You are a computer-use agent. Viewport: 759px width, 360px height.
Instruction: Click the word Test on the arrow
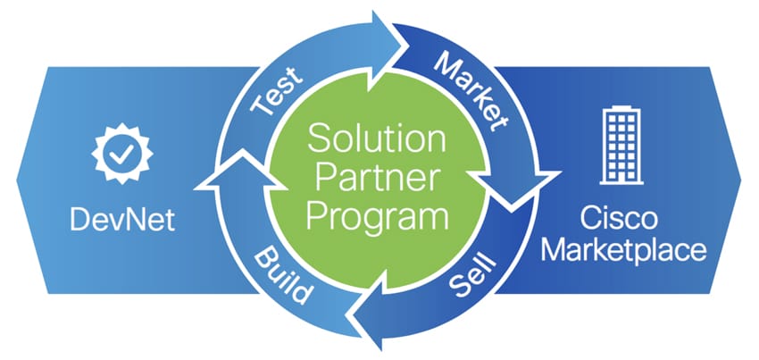click(x=278, y=91)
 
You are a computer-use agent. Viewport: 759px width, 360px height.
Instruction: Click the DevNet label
click(x=122, y=221)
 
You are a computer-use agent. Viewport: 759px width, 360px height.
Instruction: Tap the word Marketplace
click(x=623, y=250)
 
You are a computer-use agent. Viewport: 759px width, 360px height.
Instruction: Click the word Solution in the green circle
click(x=377, y=138)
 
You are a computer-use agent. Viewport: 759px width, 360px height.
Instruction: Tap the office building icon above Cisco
click(x=621, y=146)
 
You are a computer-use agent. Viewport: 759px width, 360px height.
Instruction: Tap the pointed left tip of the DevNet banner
click(x=17, y=180)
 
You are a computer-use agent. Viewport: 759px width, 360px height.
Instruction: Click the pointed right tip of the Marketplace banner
click(x=740, y=180)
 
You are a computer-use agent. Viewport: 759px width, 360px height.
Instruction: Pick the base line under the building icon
click(x=621, y=182)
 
